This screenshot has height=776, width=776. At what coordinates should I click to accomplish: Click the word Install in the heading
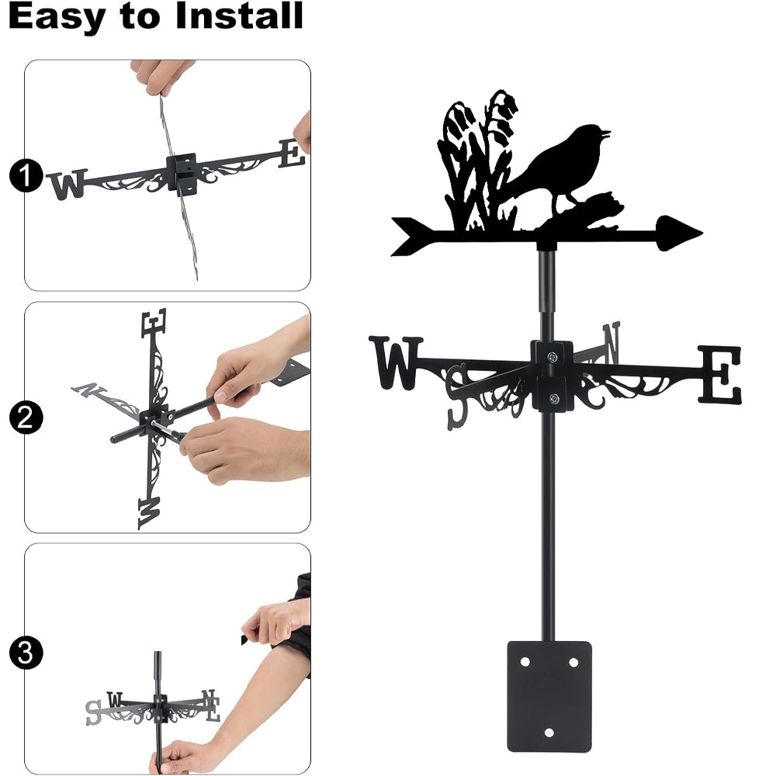click(239, 16)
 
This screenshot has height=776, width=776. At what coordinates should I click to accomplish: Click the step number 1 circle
click(26, 175)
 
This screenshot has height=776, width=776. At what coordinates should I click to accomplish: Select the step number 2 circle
click(26, 417)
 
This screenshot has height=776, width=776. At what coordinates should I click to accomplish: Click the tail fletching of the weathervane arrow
click(414, 236)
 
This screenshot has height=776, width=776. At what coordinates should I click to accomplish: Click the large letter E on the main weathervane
click(719, 375)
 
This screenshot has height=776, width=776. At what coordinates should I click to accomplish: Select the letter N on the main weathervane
click(611, 342)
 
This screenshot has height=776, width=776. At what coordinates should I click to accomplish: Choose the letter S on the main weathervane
click(457, 397)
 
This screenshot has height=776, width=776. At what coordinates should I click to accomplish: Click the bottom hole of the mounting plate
click(549, 733)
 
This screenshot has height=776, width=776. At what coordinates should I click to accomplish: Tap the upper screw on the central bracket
click(552, 356)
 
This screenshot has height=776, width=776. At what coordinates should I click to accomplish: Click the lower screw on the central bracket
click(554, 398)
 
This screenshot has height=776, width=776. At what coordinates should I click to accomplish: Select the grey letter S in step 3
click(93, 712)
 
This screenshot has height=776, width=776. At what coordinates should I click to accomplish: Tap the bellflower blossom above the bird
click(506, 102)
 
